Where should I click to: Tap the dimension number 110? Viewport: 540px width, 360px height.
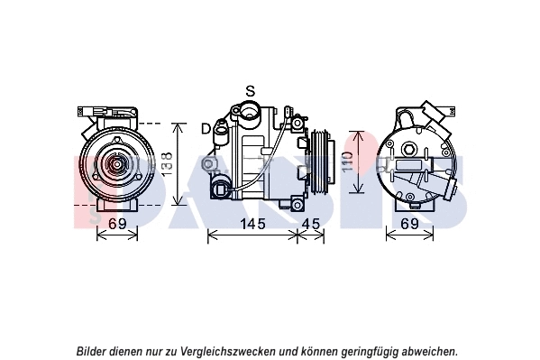tap(346, 162)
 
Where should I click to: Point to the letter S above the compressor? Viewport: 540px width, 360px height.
tap(251, 91)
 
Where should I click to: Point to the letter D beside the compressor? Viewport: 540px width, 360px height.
tap(206, 128)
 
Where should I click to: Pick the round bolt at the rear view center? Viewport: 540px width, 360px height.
tap(408, 149)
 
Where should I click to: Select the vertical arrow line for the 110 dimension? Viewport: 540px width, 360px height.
tap(358, 162)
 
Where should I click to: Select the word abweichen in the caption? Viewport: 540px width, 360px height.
tap(429, 351)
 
